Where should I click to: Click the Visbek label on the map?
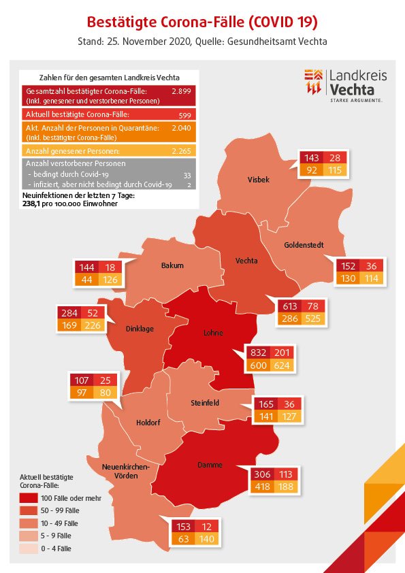point(259,180)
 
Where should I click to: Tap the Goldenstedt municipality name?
point(304,245)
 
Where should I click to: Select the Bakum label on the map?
point(172,265)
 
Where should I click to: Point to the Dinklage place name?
point(140,329)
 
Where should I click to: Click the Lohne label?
point(213,333)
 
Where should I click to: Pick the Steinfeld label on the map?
point(205,403)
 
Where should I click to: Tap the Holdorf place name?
point(148,423)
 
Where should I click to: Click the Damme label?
point(210,465)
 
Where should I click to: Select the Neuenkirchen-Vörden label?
point(126,472)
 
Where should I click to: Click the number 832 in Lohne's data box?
point(258,353)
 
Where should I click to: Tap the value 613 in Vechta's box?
point(290,306)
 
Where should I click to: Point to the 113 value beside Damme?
point(286,474)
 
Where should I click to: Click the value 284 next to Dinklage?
point(69,313)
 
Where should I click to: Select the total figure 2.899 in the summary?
point(181,91)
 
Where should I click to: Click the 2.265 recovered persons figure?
point(181,151)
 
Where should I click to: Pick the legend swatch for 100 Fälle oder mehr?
point(29,497)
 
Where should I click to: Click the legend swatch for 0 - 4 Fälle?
point(29,549)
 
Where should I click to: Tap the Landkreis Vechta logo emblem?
point(313,82)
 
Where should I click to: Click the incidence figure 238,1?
point(31,203)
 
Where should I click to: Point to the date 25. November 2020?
point(148,42)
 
